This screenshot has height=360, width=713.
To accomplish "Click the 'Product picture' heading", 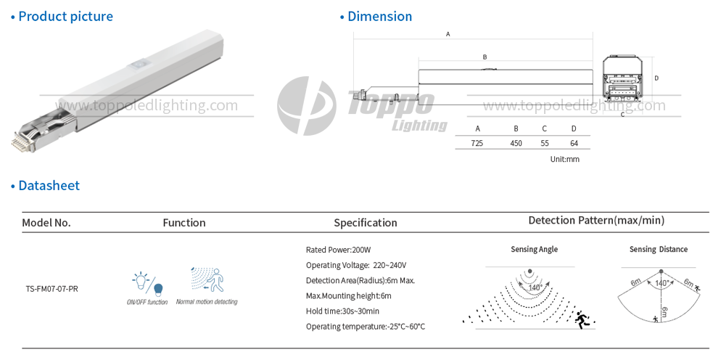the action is [x=66, y=17].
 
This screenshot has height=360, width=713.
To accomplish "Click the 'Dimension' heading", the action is [x=379, y=17].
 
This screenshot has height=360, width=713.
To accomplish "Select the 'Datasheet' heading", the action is [x=49, y=186].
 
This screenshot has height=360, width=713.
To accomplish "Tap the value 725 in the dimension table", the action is [x=477, y=143].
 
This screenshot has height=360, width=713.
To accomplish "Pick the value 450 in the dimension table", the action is [x=516, y=143].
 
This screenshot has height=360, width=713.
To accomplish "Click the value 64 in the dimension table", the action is [x=574, y=143].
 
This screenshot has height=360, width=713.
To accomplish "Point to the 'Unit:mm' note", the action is [x=565, y=159].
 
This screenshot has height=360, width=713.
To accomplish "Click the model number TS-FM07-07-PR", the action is [x=51, y=289].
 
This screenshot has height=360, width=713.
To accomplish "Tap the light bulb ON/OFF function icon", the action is [x=147, y=283].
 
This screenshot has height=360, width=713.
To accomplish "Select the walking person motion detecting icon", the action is [x=207, y=279].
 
